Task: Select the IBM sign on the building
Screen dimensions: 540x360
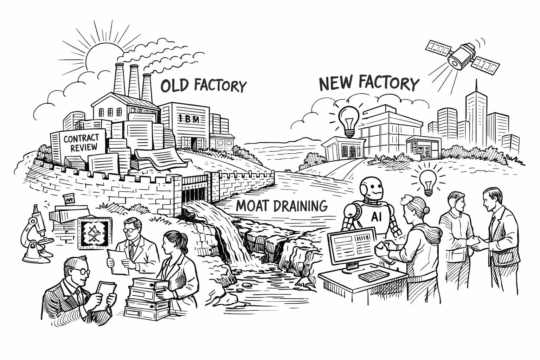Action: click(x=189, y=119)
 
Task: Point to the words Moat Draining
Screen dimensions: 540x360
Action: click(x=282, y=205)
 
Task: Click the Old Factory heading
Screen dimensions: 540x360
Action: click(x=204, y=85)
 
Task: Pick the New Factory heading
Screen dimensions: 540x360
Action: click(x=369, y=83)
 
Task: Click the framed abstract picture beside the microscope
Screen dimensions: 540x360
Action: click(x=94, y=232)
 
